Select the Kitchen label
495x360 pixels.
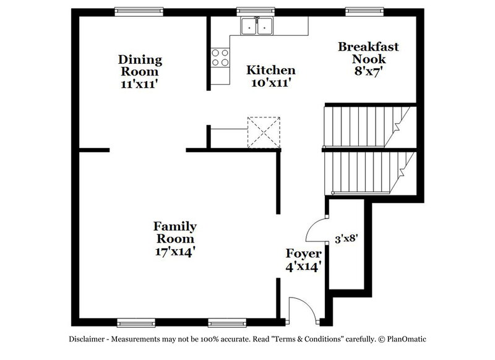pyautogui.click(x=270, y=70)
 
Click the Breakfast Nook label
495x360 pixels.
pyautogui.click(x=368, y=53)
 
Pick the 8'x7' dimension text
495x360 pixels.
pyautogui.click(x=369, y=71)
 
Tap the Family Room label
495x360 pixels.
pyautogui.click(x=175, y=232)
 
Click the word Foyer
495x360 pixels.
pyautogui.click(x=303, y=254)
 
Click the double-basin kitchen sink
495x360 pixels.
pyautogui.click(x=258, y=27)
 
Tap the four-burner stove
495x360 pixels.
pyautogui.click(x=219, y=57)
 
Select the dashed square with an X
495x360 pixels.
pyautogui.click(x=264, y=132)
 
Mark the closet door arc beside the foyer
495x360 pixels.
pyautogui.click(x=316, y=232)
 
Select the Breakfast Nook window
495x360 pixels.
pyautogui.click(x=361, y=11)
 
